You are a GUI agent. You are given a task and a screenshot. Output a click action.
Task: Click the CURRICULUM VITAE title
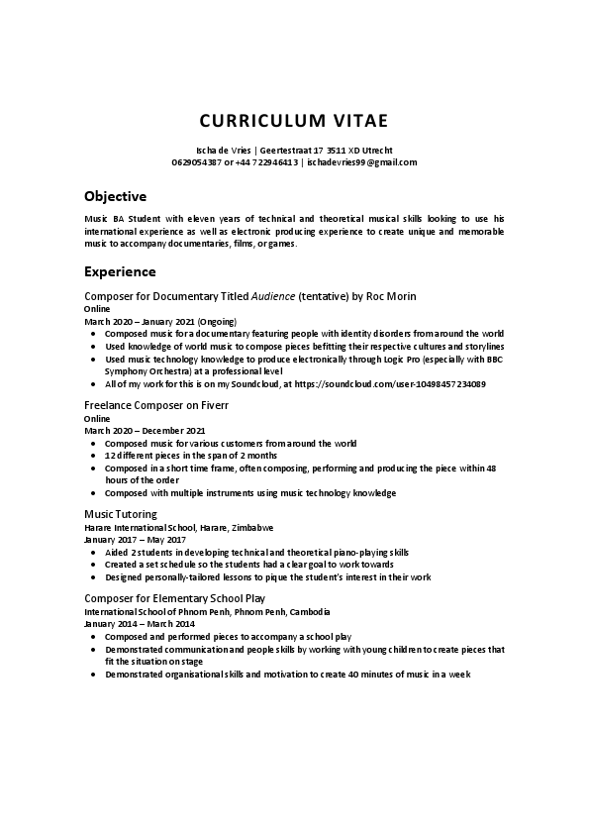(294, 122)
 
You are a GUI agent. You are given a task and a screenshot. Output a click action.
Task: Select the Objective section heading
(115, 196)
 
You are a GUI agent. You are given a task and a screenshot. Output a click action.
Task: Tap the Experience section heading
(120, 270)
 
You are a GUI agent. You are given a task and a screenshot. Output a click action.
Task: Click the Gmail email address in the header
(361, 161)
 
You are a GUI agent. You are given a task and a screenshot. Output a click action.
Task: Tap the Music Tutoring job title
(121, 514)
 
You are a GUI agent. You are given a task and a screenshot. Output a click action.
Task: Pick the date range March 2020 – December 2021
(145, 431)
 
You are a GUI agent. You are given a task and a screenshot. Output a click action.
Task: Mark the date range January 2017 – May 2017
(135, 540)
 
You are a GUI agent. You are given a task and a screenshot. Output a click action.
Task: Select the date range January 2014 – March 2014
(140, 625)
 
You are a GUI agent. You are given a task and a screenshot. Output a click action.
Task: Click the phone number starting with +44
(262, 161)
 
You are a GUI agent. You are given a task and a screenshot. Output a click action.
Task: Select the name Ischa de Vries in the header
(226, 149)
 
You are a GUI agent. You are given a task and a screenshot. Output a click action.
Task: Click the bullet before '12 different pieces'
(93, 456)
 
